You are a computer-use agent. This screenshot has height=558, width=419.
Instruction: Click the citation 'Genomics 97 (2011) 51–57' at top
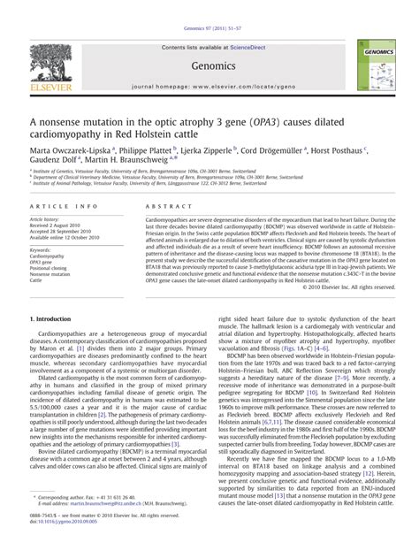[x=209, y=6]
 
